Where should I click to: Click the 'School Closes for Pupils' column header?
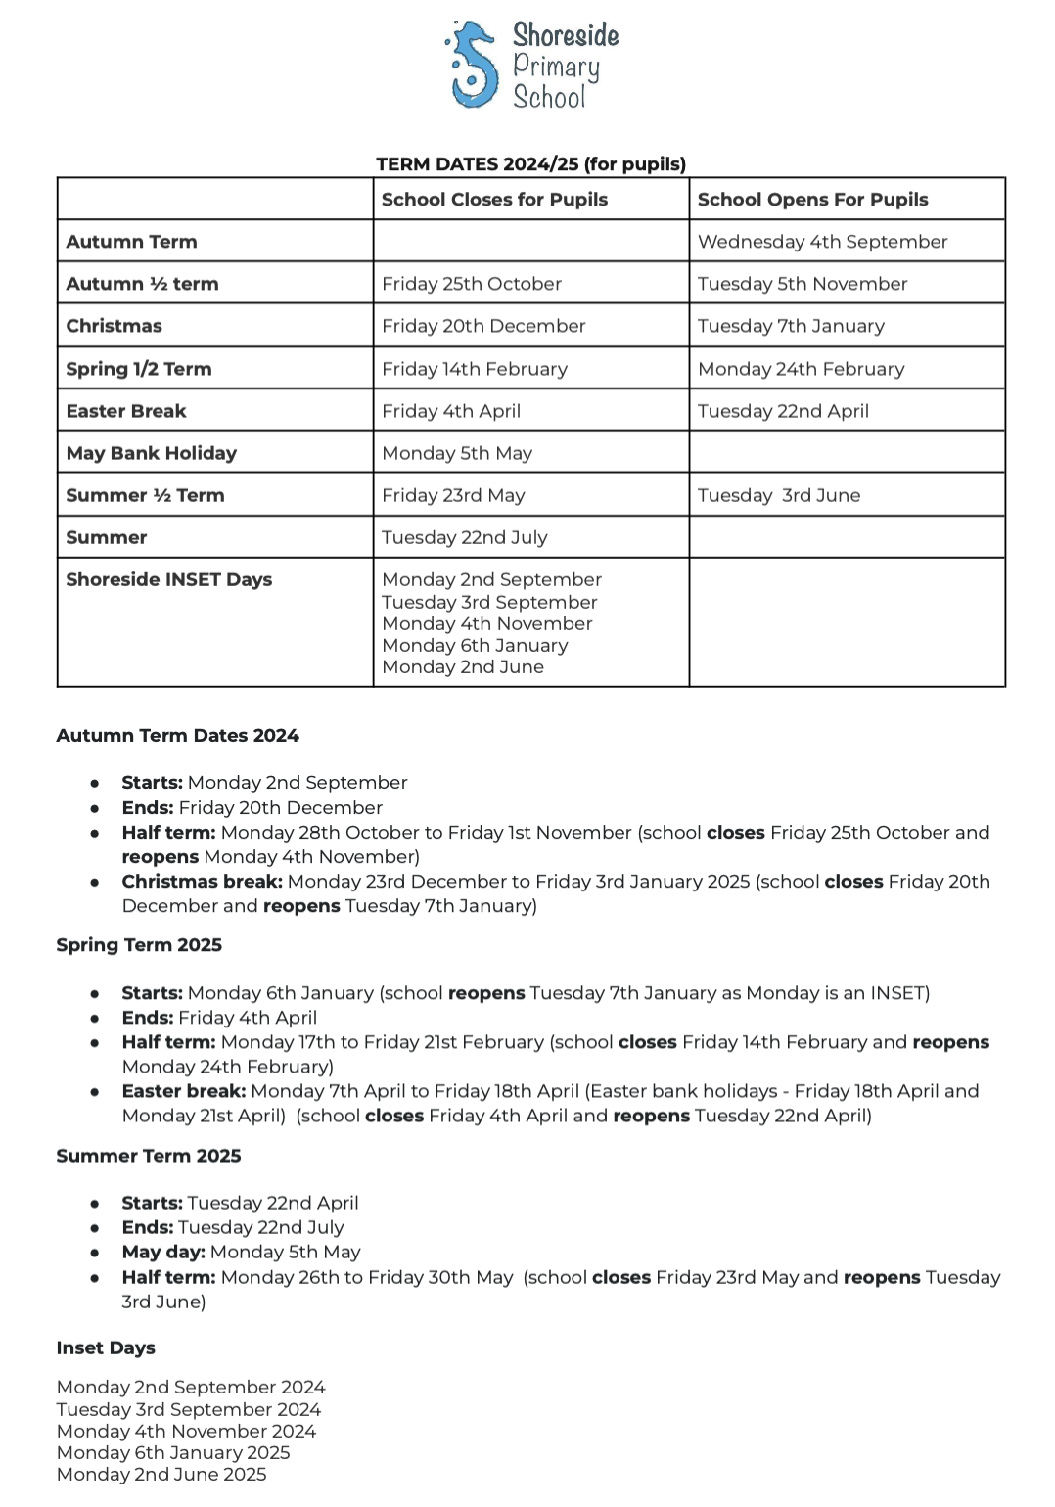click(x=494, y=200)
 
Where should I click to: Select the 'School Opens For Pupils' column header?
click(x=812, y=200)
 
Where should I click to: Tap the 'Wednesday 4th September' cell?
click(x=822, y=242)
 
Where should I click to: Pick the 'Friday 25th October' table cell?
click(x=472, y=284)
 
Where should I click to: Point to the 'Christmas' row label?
click(x=114, y=326)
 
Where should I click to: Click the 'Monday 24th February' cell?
click(x=801, y=369)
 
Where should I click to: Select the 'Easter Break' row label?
click(x=125, y=411)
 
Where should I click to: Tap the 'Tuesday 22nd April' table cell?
click(x=783, y=411)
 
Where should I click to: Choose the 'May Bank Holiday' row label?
click(x=151, y=453)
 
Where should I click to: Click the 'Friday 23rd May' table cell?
click(x=453, y=495)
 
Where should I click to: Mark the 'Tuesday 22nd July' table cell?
click(x=464, y=537)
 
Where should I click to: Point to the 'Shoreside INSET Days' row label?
click(x=168, y=579)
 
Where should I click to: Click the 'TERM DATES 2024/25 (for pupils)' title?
click(x=530, y=164)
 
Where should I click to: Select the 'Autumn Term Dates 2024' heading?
click(x=177, y=735)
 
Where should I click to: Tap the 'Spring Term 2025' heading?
click(x=139, y=945)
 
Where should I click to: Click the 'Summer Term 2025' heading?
click(x=148, y=1156)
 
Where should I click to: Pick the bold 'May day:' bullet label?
click(x=163, y=1252)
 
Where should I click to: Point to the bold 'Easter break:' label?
click(x=184, y=1091)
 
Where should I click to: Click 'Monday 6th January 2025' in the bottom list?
click(x=173, y=1452)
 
